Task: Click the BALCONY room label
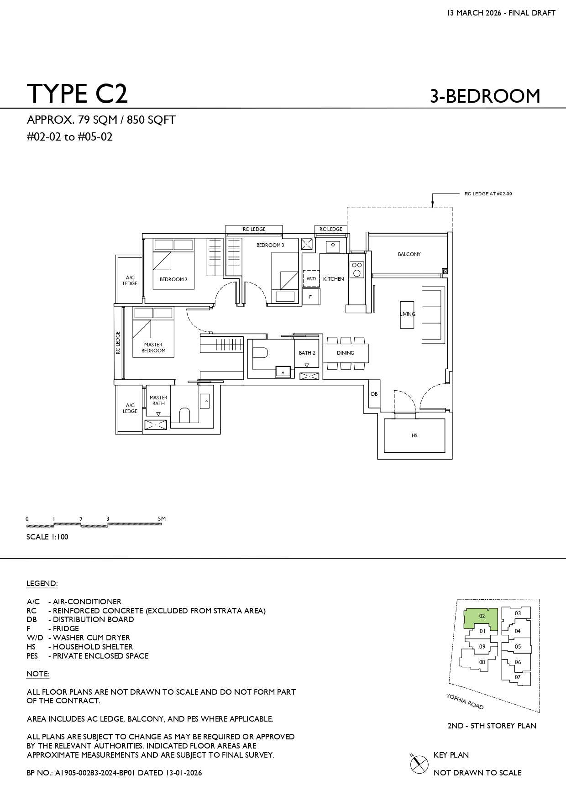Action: (x=409, y=254)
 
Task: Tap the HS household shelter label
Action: (x=414, y=435)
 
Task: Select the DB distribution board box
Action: (x=374, y=394)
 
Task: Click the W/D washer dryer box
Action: (x=311, y=278)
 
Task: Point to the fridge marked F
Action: (x=311, y=297)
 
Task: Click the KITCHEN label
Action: (x=334, y=279)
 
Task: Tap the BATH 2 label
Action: (x=307, y=353)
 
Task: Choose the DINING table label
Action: (x=346, y=353)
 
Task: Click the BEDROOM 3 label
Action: (x=270, y=245)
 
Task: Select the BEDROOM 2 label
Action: (x=173, y=279)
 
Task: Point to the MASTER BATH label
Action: (x=158, y=400)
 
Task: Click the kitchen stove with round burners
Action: (x=357, y=269)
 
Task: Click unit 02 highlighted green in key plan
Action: (x=481, y=619)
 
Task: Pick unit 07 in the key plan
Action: (x=518, y=677)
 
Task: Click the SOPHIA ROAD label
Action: (x=465, y=702)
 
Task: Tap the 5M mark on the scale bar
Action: (x=162, y=519)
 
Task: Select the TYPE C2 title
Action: (x=77, y=94)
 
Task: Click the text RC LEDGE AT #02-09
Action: (x=488, y=194)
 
